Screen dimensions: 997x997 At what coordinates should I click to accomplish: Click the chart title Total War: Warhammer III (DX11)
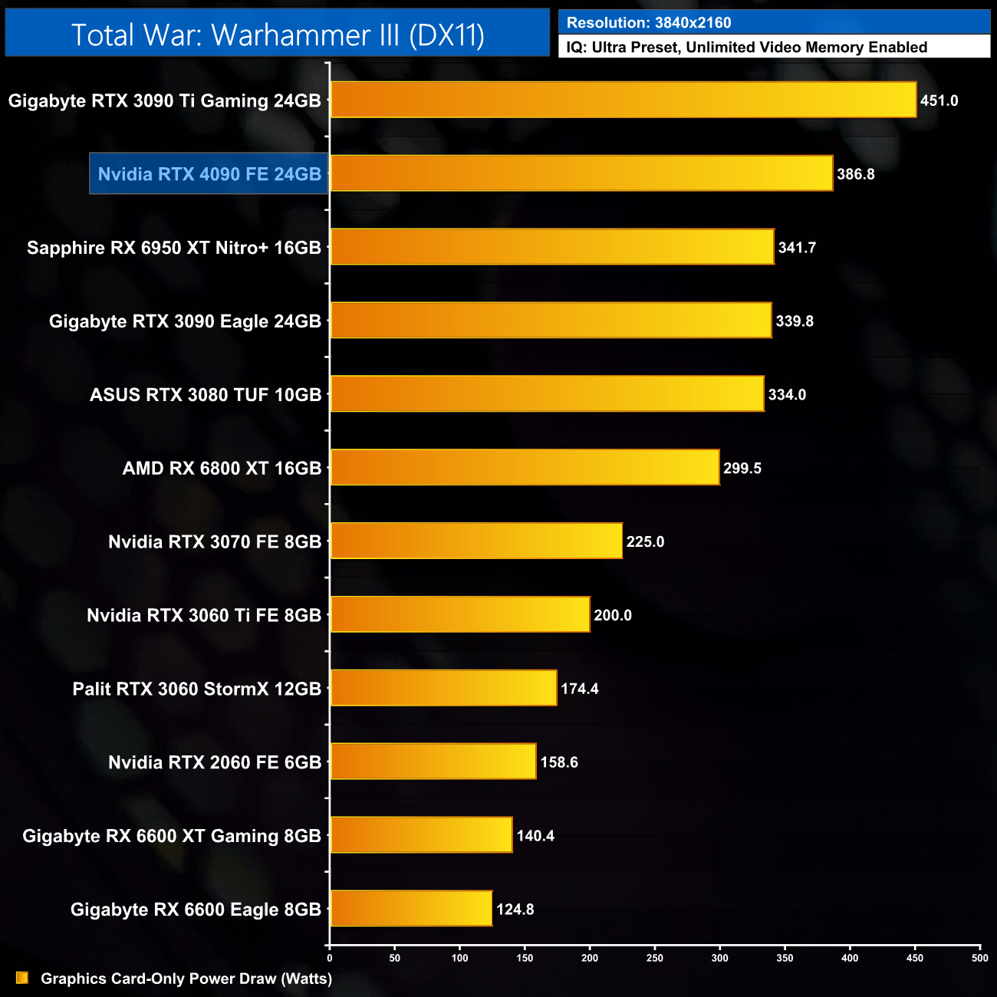278,35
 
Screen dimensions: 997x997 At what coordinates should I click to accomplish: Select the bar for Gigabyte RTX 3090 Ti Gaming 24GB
623,100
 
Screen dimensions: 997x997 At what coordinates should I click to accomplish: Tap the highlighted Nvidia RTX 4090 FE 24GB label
209,174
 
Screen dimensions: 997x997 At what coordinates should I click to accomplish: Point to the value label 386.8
856,174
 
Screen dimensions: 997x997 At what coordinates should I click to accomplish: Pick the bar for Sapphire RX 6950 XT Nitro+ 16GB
552,247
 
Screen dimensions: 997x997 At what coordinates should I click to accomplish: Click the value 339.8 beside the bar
795,321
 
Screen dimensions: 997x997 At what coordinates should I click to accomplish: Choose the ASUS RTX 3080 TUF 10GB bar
547,394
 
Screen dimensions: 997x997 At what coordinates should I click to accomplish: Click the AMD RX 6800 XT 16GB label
222,468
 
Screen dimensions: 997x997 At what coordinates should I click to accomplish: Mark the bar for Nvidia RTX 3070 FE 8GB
476,541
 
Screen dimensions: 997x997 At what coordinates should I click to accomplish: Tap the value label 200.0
613,615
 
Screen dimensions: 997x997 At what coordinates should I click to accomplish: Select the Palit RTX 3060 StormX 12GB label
197,689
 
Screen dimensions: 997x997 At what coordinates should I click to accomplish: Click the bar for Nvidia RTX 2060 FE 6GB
433,762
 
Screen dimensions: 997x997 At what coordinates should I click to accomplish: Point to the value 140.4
535,836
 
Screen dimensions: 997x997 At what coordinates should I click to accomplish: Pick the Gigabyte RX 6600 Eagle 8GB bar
411,909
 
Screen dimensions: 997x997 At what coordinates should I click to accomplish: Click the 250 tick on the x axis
655,958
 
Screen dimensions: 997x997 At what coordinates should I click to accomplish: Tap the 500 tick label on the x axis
979,958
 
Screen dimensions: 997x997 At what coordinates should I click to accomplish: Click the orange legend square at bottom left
22,978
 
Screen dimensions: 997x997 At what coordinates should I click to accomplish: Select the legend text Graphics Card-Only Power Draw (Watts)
186,979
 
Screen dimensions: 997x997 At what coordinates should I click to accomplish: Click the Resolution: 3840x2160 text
649,23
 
